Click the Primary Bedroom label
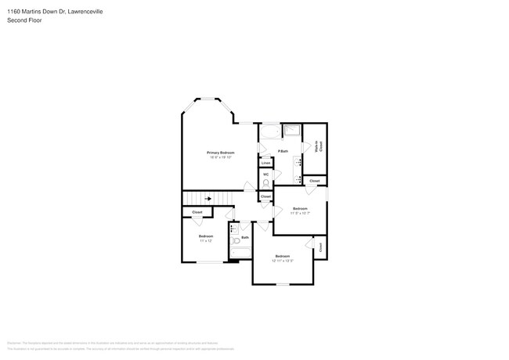point(220,153)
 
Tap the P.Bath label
point(283,151)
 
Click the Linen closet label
point(266,163)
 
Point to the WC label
point(266,174)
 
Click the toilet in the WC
point(265,183)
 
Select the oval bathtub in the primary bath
point(269,131)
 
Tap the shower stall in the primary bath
point(291,131)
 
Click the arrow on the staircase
point(208,199)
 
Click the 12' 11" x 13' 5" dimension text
point(283,261)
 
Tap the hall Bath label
point(245,237)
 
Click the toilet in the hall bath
point(235,242)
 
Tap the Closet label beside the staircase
point(197,212)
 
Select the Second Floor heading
point(25,20)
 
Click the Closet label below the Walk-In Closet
point(314,181)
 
